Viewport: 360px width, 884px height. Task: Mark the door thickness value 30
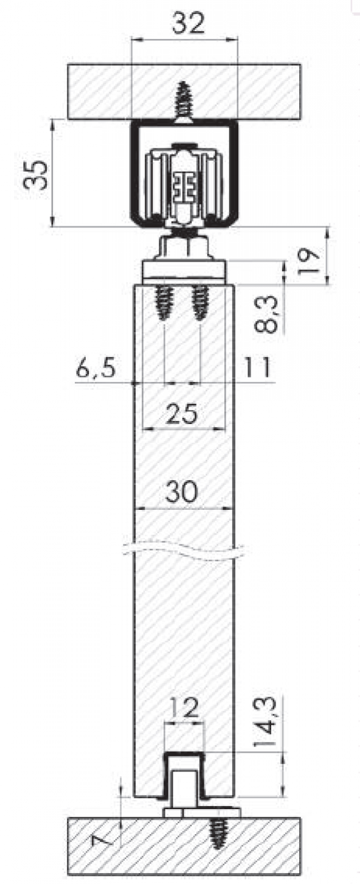click(x=181, y=492)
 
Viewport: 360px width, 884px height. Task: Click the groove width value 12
click(x=183, y=708)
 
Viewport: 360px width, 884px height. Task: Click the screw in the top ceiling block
click(x=184, y=100)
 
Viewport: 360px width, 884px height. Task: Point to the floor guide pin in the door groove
click(x=183, y=788)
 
